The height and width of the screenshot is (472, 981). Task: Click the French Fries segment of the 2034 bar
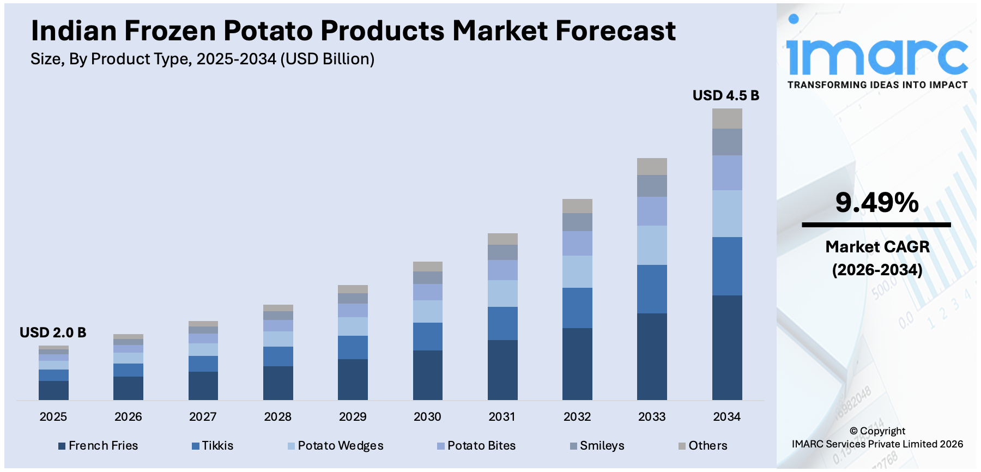coord(727,347)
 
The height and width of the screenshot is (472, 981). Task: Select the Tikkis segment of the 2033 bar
coord(652,289)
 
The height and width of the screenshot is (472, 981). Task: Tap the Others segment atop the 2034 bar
coord(727,118)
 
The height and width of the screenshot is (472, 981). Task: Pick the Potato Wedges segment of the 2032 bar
coord(577,271)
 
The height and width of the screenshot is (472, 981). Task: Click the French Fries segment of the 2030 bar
coord(428,374)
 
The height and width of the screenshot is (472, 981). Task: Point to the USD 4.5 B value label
coord(725,95)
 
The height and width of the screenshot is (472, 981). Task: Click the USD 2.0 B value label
coord(53,332)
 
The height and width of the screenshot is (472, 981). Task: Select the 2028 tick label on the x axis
coord(278,417)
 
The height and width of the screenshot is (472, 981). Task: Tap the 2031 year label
coord(502,417)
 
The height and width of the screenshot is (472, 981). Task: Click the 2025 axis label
coord(53,417)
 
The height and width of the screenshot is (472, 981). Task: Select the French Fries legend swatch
coord(62,446)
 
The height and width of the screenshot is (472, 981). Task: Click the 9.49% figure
coord(876,203)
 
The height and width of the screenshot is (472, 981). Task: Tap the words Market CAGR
coord(877,247)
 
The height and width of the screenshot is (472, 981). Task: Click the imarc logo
coord(876,52)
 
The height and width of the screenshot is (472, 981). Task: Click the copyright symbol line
coord(877,431)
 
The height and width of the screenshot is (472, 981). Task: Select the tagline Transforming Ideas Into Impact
coord(877,85)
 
